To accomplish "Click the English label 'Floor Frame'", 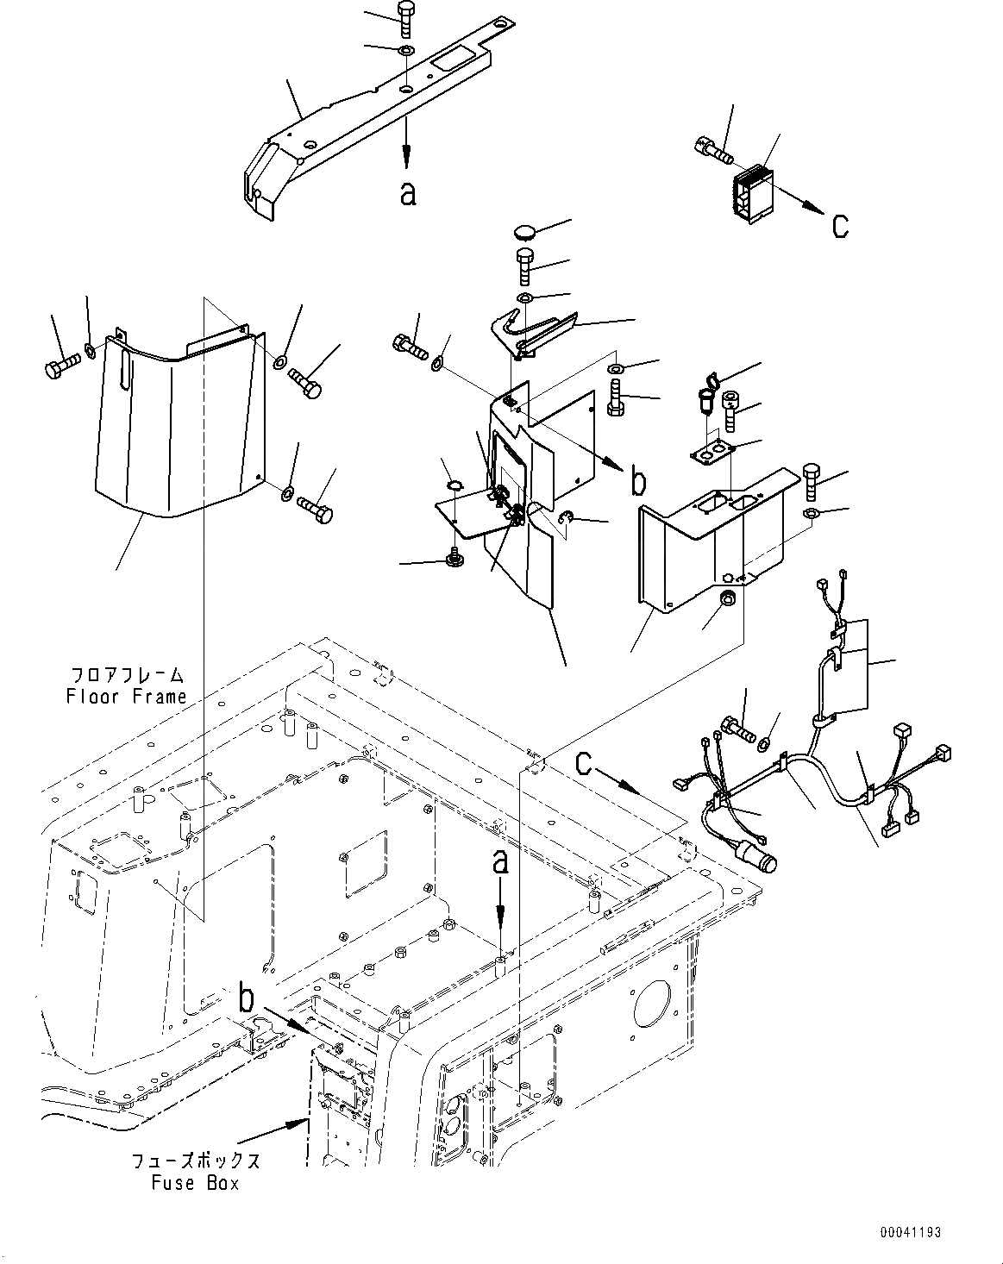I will (x=126, y=696).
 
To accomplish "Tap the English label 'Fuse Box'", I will (x=195, y=1183).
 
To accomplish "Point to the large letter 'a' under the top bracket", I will (x=408, y=193).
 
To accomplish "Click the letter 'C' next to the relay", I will (x=840, y=226).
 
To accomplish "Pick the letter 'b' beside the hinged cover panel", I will (x=637, y=482).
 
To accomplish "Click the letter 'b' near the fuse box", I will (x=247, y=998).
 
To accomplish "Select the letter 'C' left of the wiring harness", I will (x=585, y=763).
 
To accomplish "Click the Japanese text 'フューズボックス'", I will (x=195, y=1161).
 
